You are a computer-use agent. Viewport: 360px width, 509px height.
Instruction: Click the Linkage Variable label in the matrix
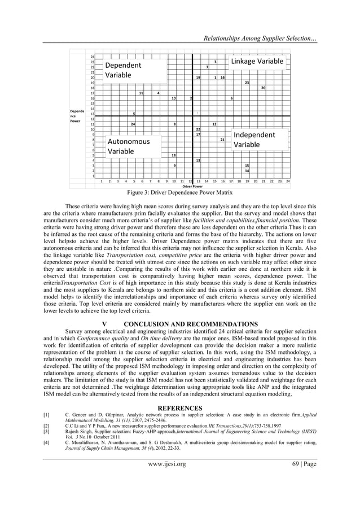[257, 61]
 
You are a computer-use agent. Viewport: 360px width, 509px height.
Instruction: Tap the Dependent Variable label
[123, 71]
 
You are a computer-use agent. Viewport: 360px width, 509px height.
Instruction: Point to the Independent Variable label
[254, 140]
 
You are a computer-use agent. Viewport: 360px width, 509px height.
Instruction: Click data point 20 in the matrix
[263, 88]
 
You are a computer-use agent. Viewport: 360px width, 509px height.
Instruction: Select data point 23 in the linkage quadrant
[247, 82]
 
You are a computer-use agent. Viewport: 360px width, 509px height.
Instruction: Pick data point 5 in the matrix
[133, 113]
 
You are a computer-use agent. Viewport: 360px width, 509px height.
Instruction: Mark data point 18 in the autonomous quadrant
[173, 155]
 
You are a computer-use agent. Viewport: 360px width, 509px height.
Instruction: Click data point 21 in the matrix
[222, 139]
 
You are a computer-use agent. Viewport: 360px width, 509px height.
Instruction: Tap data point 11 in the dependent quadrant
[141, 93]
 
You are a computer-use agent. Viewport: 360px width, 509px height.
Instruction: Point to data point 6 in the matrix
[231, 98]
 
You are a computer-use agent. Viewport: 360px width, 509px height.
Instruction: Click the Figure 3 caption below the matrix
[179, 192]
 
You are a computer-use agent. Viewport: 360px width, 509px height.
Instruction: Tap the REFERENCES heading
[180, 406]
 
